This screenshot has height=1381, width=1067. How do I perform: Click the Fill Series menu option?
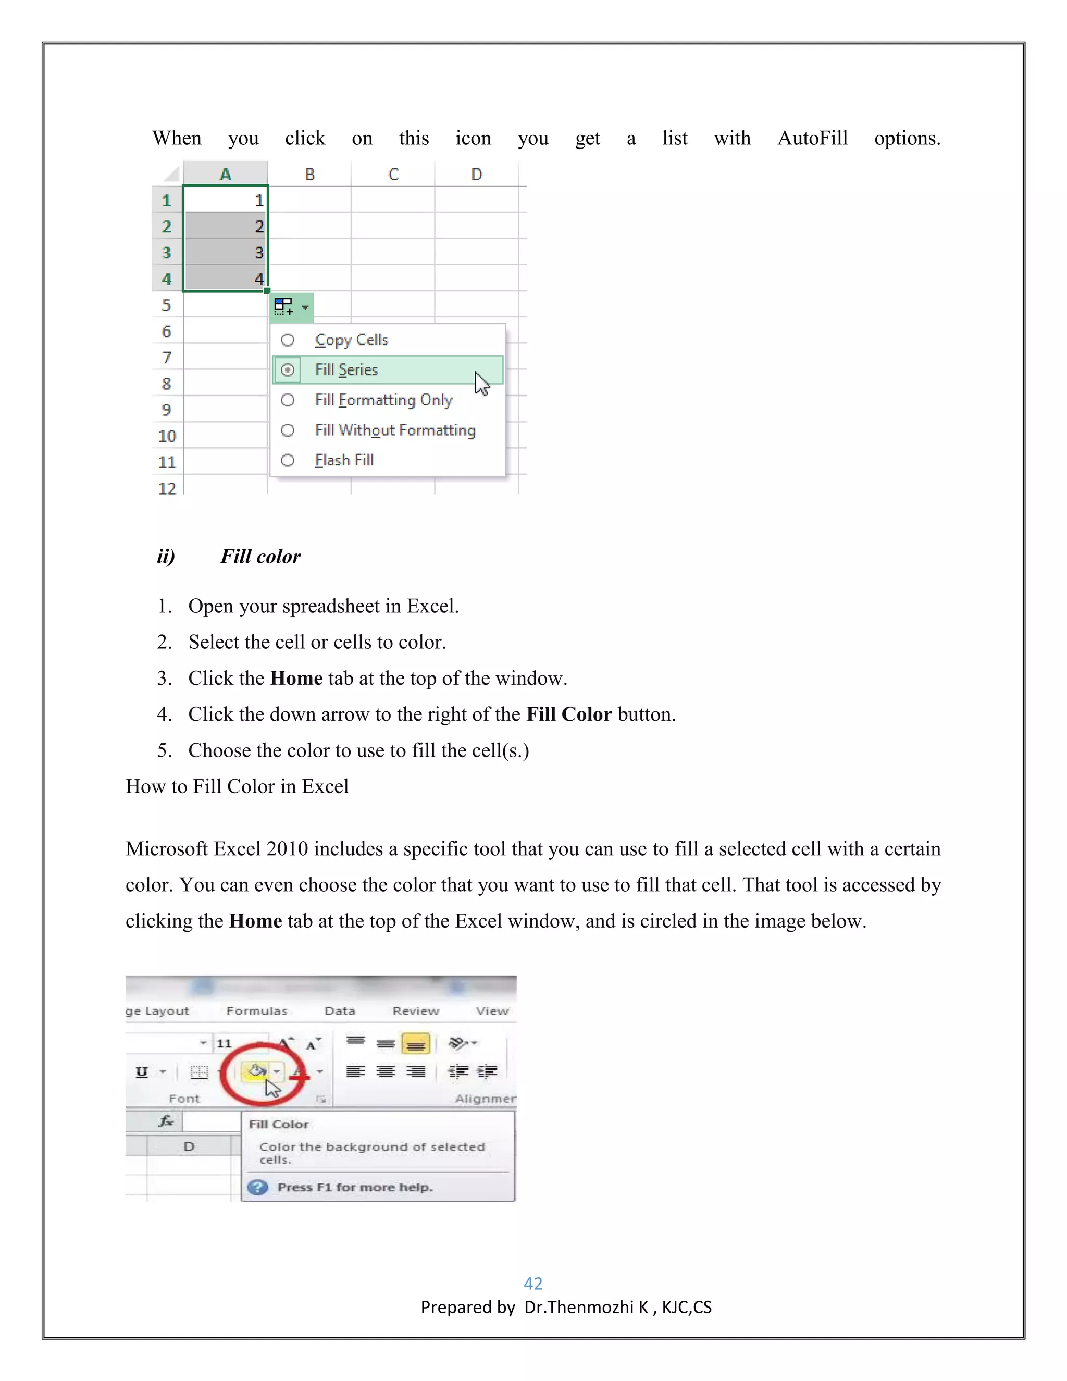coord(346,370)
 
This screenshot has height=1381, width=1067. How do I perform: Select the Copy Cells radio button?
coord(288,340)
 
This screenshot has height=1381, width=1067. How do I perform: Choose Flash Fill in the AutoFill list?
coord(344,460)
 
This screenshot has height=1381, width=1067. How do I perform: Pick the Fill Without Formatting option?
coord(394,430)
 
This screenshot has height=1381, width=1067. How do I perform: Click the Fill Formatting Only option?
coord(383,400)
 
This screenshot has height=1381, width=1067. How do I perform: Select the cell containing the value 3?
coord(226,253)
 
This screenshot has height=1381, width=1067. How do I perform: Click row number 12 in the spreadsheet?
coord(167,488)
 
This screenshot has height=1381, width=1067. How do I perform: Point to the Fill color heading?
coord(260,557)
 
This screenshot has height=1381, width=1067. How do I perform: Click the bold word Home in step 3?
coord(296,679)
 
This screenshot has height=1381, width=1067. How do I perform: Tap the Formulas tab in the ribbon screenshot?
coord(257,1011)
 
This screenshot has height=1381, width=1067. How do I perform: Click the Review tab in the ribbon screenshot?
coord(415,1011)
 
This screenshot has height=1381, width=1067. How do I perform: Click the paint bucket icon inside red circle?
coord(257,1071)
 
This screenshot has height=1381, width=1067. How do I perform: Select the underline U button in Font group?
coord(142,1072)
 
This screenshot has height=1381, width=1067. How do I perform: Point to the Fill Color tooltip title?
coord(279,1124)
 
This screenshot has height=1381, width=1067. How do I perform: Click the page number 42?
coord(533,1284)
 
